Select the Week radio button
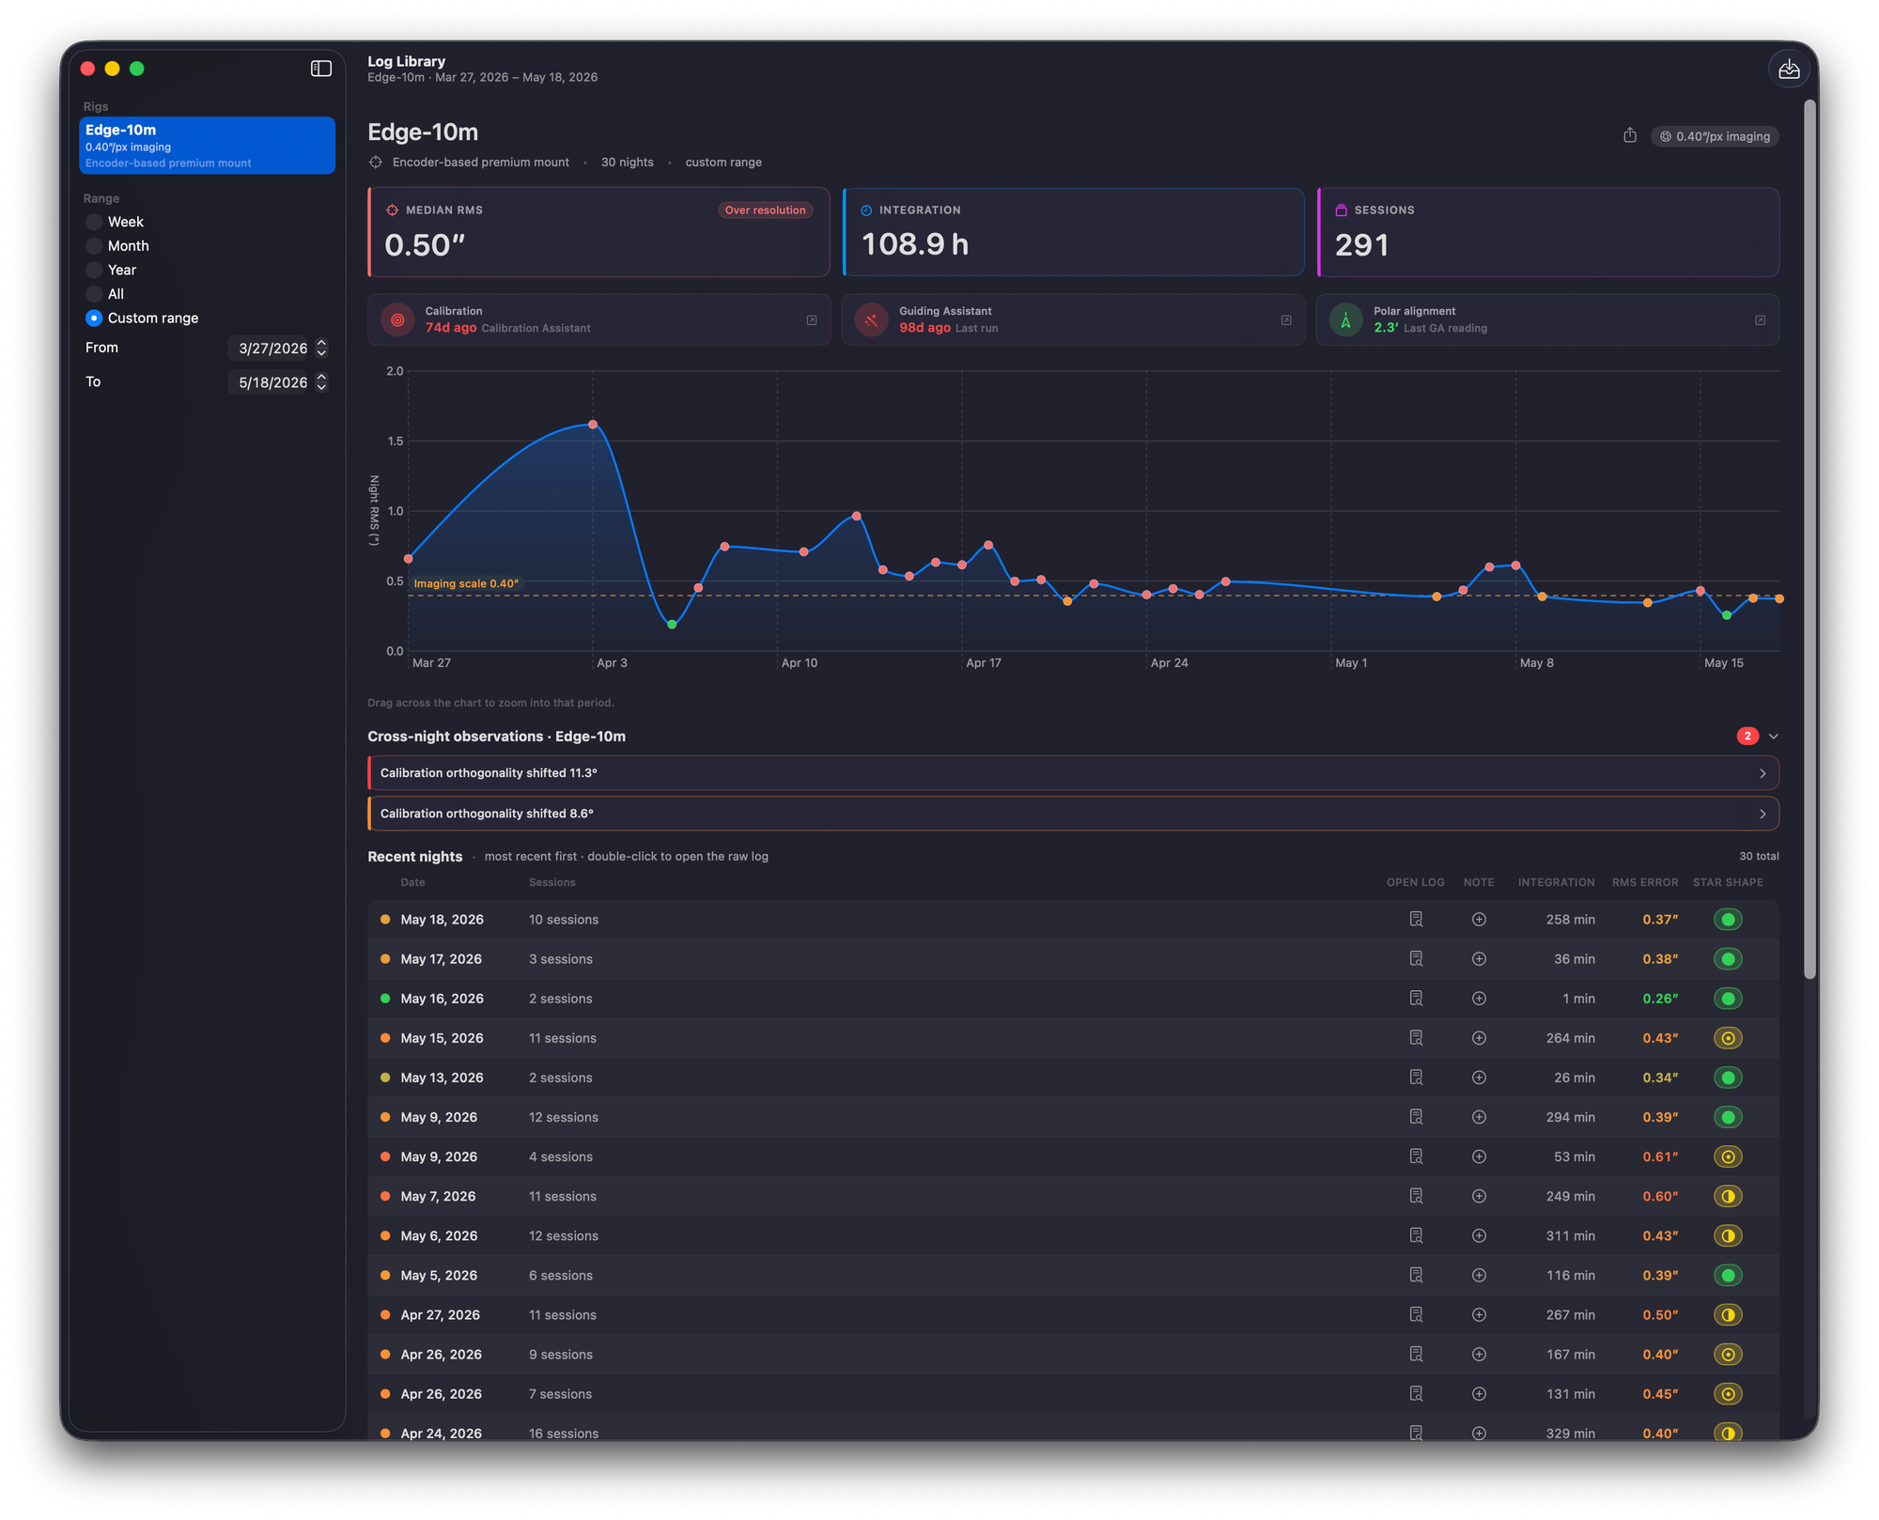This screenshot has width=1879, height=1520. pos(94,222)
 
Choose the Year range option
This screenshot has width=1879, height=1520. pos(94,270)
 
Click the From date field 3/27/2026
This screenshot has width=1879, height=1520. pos(272,349)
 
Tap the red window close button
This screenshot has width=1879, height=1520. pos(88,69)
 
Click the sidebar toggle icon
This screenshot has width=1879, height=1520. pos(321,69)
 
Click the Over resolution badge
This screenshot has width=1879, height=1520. pos(765,210)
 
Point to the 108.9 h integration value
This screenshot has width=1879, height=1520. pos(915,244)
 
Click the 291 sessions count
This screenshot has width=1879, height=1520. pos(1361,245)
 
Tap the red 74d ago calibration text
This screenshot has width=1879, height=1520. pos(451,328)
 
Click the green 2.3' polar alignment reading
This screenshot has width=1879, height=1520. pos(1386,328)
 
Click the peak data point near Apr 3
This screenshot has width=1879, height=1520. pos(593,425)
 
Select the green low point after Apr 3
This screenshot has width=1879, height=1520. pos(672,625)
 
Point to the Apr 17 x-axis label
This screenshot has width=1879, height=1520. pos(984,663)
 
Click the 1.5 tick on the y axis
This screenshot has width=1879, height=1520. pos(395,442)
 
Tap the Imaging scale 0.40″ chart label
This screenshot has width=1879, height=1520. pos(466,583)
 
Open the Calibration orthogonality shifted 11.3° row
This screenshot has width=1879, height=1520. pos(1073,773)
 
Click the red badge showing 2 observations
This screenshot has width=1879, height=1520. pos(1747,737)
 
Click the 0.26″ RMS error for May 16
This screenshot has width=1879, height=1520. pos(1660,999)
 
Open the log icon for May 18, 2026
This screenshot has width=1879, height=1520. pos(1416,920)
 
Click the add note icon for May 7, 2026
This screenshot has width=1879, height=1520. pos(1479,1197)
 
